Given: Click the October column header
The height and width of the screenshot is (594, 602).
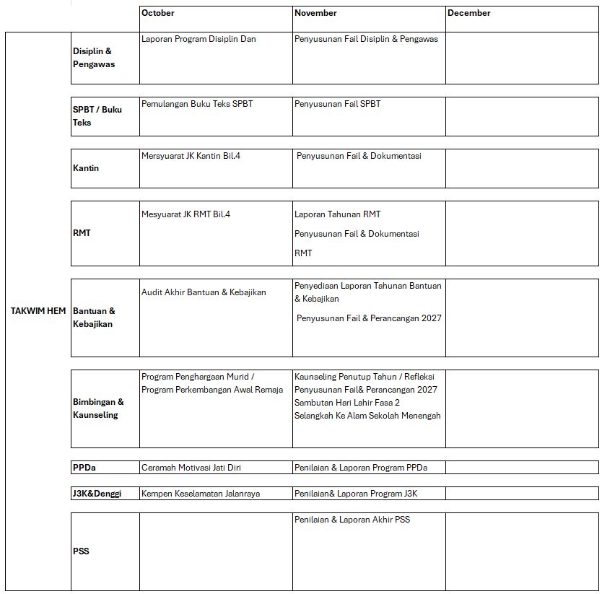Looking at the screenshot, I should click(x=158, y=13).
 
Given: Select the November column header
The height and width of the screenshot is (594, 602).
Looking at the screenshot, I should click(x=315, y=13).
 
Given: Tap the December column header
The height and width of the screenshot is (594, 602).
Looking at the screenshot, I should click(x=468, y=13).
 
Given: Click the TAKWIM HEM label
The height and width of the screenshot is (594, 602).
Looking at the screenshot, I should click(x=38, y=311).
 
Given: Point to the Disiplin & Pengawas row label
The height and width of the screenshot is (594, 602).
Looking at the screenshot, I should click(x=94, y=58).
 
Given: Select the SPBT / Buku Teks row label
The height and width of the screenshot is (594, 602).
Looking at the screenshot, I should click(x=97, y=116).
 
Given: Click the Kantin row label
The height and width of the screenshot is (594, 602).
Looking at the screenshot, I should click(x=86, y=168).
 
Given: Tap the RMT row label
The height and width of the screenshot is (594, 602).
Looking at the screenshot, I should click(x=82, y=233).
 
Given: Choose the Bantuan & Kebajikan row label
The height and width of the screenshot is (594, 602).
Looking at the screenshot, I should click(x=94, y=318).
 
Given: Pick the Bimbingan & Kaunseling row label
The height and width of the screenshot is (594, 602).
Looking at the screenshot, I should click(x=98, y=409).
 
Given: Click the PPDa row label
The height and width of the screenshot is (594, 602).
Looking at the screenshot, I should click(x=84, y=468).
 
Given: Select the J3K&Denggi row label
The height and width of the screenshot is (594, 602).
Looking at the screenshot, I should click(x=97, y=494).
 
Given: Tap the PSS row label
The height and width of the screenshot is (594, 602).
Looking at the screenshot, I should click(x=81, y=551).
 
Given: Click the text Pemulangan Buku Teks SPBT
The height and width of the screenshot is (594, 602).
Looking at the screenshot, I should click(x=197, y=104).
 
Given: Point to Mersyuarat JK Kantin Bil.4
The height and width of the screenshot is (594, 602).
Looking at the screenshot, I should click(x=191, y=156).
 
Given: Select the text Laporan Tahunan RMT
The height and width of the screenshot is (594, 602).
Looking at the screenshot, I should click(x=337, y=214).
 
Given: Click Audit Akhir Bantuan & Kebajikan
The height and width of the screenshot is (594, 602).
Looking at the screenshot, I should click(x=204, y=292).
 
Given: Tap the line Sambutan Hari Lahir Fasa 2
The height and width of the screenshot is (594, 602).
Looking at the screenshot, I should click(x=346, y=403).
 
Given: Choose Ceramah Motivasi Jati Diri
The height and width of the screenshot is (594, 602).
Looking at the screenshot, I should click(x=191, y=468).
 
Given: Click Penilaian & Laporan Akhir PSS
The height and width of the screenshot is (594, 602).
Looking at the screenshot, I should click(x=352, y=520).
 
